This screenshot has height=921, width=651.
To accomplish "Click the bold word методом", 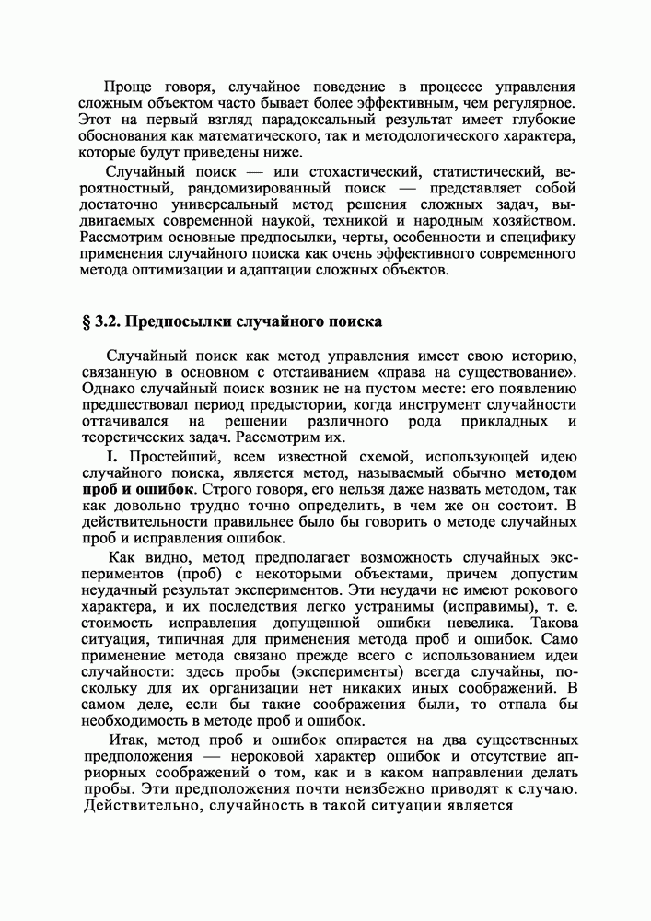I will pos(545,473).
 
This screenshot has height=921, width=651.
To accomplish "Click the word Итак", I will pos(125,740).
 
